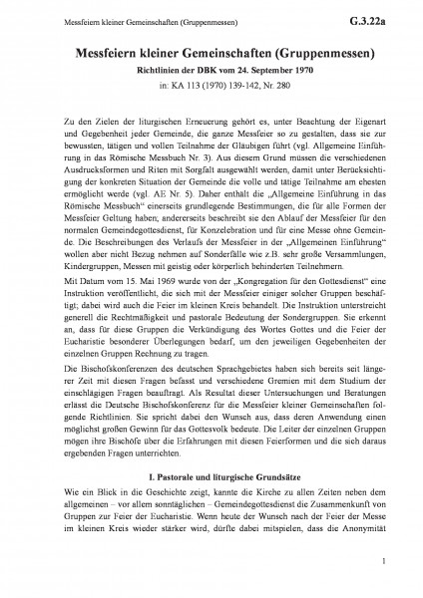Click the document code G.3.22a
click(382, 16)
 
